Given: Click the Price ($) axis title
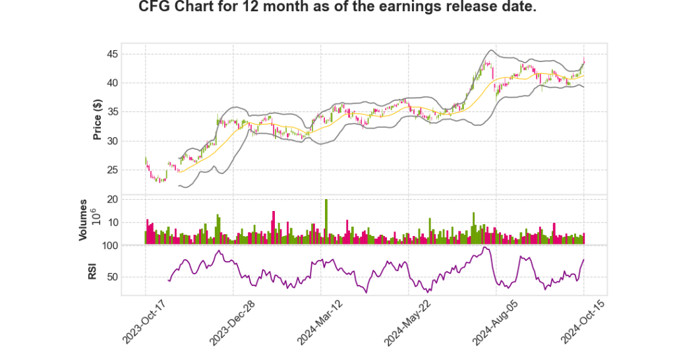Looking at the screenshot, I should [98, 119].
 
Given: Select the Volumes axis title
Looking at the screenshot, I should [83, 220].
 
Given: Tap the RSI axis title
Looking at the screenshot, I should [93, 270].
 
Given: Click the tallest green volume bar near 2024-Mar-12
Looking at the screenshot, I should [326, 221].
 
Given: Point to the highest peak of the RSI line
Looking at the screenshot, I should [485, 248].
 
